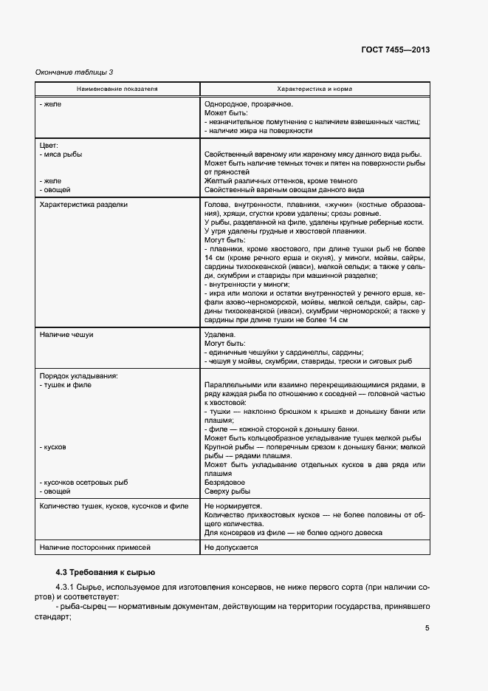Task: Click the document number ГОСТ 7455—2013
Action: tap(395, 50)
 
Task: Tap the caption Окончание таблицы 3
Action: tap(75, 72)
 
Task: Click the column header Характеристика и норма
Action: tap(314, 89)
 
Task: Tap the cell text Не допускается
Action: tap(231, 548)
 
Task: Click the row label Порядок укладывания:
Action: tap(78, 375)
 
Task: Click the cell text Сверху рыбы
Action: tap(227, 491)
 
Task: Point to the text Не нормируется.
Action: tap(232, 506)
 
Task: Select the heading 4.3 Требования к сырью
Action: tap(106, 573)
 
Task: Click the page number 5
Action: tap(427, 628)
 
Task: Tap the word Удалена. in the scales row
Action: tap(219, 335)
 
